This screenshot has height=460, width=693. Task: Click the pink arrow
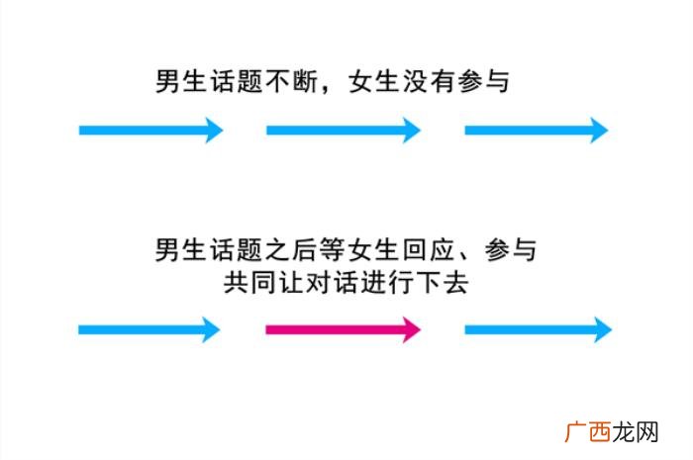coord(343,329)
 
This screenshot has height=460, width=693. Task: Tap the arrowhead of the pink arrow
coord(412,329)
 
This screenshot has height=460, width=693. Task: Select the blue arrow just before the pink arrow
coord(148,329)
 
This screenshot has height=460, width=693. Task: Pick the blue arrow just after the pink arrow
coord(538,329)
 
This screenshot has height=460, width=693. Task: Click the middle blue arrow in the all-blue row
coord(343,130)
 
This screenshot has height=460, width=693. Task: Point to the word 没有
coord(429,82)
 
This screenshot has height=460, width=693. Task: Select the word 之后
coord(292,249)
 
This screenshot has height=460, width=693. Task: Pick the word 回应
coord(428,249)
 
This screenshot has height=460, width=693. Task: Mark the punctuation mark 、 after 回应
coord(465,256)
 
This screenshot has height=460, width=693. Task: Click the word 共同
coord(249,282)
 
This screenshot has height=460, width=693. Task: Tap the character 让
coord(291,282)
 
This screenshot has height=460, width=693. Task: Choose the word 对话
coord(332,282)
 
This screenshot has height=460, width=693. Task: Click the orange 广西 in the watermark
coord(588,432)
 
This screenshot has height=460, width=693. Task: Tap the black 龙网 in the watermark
coord(636,432)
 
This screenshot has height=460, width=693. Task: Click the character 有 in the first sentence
coord(443,82)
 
